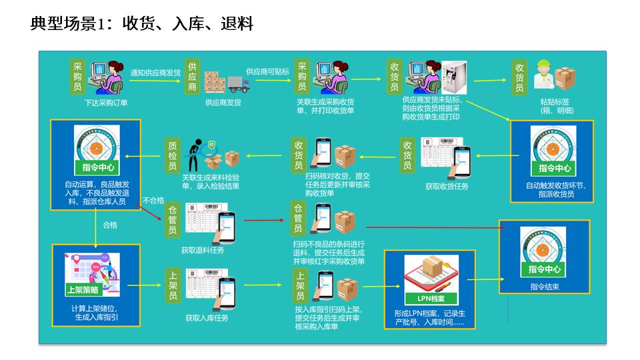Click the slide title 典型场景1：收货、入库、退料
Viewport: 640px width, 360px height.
[142, 25]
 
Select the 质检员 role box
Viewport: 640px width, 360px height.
[173, 156]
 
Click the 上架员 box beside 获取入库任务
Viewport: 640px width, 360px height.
[173, 286]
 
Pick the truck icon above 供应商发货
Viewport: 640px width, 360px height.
[238, 83]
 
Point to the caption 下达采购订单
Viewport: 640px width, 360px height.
[106, 103]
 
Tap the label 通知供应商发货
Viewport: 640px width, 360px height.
[155, 73]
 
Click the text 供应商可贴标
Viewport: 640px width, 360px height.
[267, 71]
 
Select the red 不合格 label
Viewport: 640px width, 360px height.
[153, 200]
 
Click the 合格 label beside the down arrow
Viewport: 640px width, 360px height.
[110, 225]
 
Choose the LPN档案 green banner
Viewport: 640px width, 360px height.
[431, 298]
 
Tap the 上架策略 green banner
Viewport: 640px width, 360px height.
[87, 289]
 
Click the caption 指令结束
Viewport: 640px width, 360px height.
[545, 287]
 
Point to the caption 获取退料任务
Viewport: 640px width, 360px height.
[203, 251]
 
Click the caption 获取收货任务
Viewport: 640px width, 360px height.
[447, 187]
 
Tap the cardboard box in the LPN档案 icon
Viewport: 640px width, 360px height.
[431, 269]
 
